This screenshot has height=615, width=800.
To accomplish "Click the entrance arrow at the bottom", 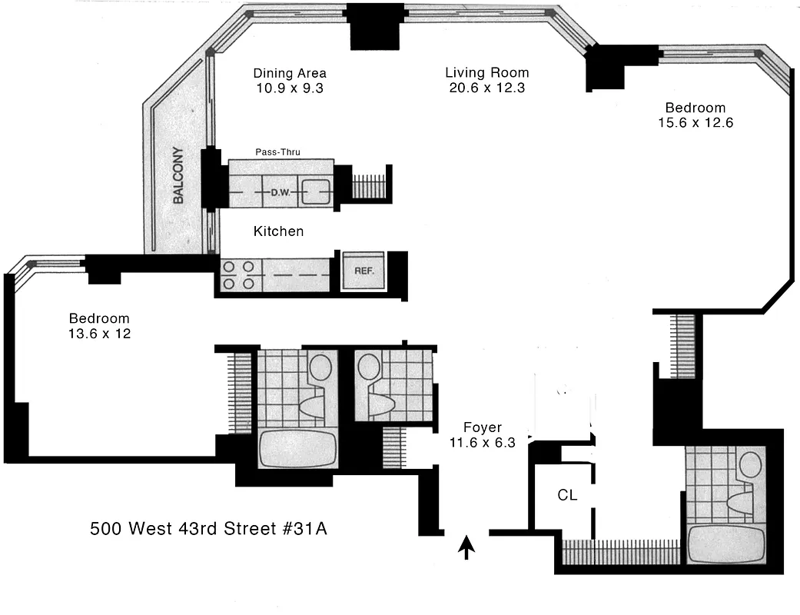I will coord(466,547).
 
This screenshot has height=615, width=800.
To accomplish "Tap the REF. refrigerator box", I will coord(363,271).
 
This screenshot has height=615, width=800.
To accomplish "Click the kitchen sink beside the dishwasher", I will coord(315,191).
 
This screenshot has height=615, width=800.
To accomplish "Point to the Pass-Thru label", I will coord(277,152).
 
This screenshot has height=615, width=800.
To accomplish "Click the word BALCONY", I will coord(178,175).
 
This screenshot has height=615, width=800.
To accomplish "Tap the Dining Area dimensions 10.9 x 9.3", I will coord(290,88).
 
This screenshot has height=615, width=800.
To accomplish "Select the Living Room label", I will coord(486,73).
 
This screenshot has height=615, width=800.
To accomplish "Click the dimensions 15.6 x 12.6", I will coord(695,121).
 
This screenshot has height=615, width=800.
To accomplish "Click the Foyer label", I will coord(483,427).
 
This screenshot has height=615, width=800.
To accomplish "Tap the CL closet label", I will coord(567,496).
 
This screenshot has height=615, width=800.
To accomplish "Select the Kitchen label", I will coord(278,231).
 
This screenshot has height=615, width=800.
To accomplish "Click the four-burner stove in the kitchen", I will coord(237,275).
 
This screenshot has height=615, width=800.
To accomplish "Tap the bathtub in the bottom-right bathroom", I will coord(725,544).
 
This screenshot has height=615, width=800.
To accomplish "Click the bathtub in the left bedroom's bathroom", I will coord(298,448).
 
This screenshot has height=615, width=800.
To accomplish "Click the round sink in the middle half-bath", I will coord(369,366).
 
